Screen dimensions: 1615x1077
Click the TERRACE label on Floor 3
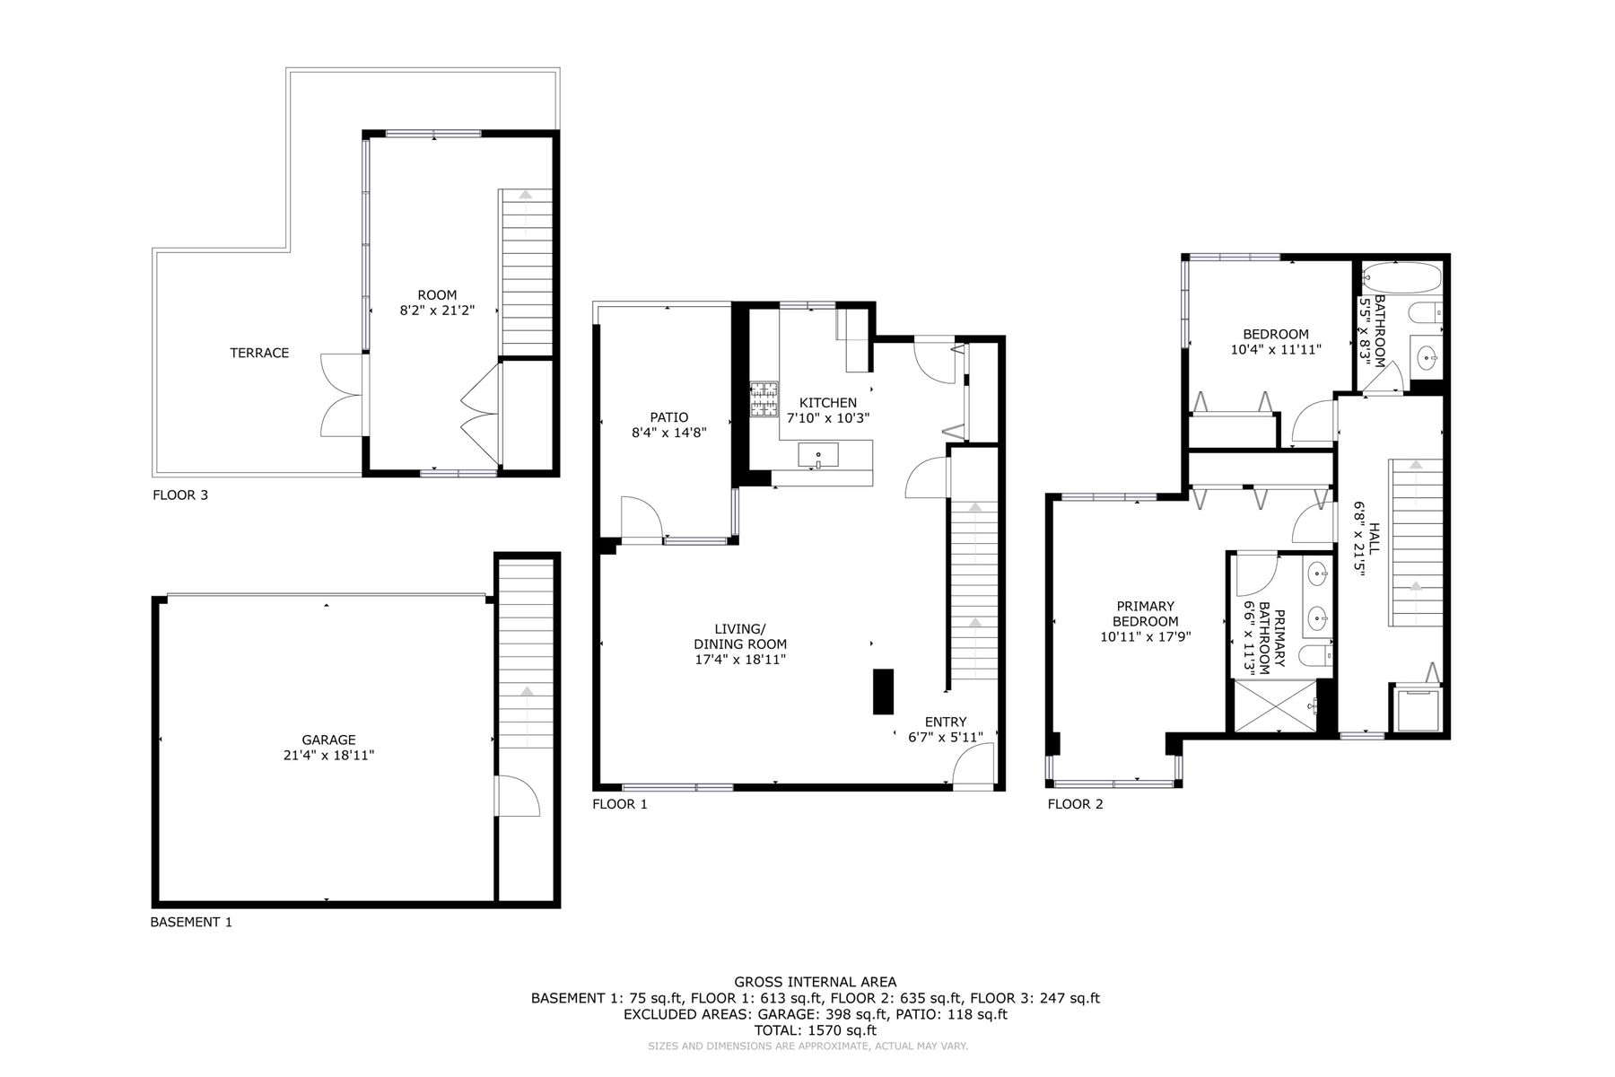[x=259, y=353]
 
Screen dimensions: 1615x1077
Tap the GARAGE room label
[x=328, y=740]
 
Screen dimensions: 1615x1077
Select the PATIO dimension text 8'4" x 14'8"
[x=669, y=432]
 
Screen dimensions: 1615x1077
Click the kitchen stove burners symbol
[x=764, y=400]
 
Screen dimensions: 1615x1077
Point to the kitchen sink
[x=818, y=455]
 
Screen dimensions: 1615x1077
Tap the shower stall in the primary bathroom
[x=1276, y=707]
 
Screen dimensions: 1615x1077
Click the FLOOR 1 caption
[x=619, y=804]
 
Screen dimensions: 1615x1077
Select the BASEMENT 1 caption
[x=191, y=922]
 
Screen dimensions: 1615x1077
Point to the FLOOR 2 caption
[x=1075, y=804]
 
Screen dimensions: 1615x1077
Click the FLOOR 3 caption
[x=180, y=495]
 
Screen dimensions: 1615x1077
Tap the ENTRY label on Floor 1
[x=946, y=722]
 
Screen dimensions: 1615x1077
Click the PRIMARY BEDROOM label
[x=1146, y=614]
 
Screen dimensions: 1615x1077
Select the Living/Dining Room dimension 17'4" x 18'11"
[x=740, y=660]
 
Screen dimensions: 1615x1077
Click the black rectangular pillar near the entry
[x=884, y=691]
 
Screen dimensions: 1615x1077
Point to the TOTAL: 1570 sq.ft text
[x=815, y=1031]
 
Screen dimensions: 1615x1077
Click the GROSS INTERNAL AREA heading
[x=815, y=982]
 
